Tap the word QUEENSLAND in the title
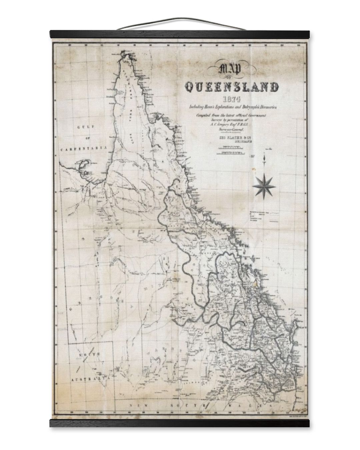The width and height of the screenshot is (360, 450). click(232, 87)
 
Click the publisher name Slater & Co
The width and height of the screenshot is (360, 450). click(231, 138)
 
